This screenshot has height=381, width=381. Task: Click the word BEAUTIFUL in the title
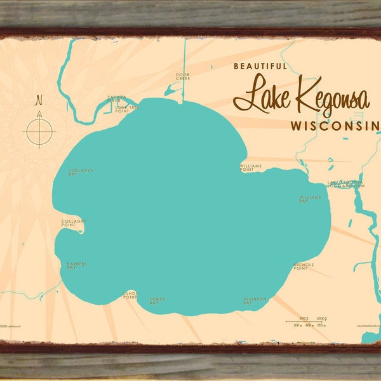coord(260,65)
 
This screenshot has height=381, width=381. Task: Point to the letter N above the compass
coord(39,100)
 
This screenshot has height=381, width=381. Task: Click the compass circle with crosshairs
coord(39,132)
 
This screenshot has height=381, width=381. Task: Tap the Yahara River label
coord(115,99)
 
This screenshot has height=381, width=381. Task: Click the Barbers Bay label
coord(76,265)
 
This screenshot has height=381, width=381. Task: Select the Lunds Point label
coord(130,295)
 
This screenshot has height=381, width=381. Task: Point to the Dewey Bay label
coord(155,301)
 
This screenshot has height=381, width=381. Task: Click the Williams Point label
coord(251,168)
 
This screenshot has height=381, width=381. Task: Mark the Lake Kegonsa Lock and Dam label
coord(347,184)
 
